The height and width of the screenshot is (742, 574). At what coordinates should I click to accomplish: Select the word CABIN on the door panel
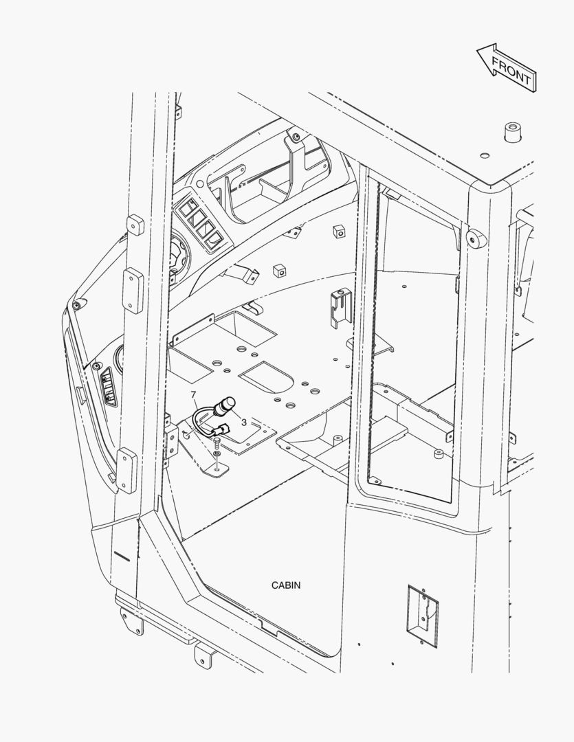(286, 585)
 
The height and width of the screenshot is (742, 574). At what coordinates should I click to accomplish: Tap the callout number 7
(193, 394)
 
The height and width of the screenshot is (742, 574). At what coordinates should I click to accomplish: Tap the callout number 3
(243, 422)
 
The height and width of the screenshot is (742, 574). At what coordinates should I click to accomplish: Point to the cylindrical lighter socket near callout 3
(224, 406)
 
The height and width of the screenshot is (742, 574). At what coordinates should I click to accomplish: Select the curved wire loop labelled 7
(199, 420)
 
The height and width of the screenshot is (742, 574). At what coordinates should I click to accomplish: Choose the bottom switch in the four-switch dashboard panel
(217, 240)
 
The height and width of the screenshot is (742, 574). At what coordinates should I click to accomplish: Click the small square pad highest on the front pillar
(135, 224)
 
